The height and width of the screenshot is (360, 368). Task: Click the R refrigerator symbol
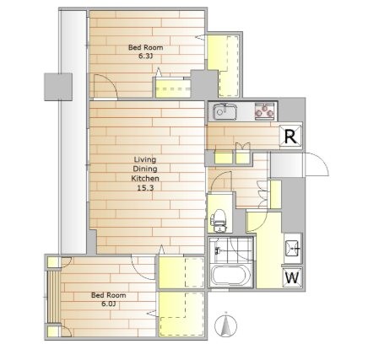(291, 136)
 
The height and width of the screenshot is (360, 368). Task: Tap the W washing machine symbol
(293, 277)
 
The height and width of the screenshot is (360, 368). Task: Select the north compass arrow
(225, 325)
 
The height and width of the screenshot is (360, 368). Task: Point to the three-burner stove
(264, 111)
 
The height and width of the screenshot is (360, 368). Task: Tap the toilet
(218, 220)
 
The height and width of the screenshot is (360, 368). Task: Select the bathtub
(230, 276)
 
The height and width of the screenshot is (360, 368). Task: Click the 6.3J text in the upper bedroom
(145, 56)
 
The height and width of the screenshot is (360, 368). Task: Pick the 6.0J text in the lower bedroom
(109, 304)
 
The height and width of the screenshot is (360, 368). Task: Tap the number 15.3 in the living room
(145, 188)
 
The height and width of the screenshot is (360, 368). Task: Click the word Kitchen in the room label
(145, 178)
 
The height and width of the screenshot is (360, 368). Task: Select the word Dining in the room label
(145, 169)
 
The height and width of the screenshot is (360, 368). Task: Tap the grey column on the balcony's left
(58, 87)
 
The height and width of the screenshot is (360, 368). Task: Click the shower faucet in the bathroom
(217, 250)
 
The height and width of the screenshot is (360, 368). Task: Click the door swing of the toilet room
(220, 180)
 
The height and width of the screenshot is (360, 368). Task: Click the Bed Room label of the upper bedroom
(145, 47)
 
